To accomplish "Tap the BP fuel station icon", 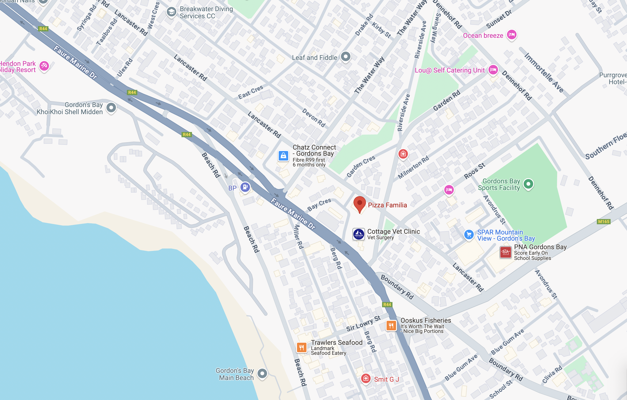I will pyautogui.click(x=245, y=187).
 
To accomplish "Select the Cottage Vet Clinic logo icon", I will pyautogui.click(x=359, y=234).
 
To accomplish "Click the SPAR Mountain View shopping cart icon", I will pyautogui.click(x=469, y=234).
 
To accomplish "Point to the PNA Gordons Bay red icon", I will pyautogui.click(x=505, y=252).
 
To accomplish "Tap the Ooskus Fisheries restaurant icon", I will pyautogui.click(x=391, y=325).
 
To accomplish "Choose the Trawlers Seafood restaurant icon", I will pyautogui.click(x=302, y=347).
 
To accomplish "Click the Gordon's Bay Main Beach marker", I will pyautogui.click(x=262, y=373).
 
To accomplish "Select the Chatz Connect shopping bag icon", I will pyautogui.click(x=283, y=156).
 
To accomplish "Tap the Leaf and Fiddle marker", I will pyautogui.click(x=346, y=56).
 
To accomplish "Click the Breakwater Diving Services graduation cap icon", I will pyautogui.click(x=171, y=12).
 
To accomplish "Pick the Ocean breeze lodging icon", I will pyautogui.click(x=511, y=34).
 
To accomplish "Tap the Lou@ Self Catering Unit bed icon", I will pyautogui.click(x=493, y=70).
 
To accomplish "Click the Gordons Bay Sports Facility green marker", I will pyautogui.click(x=528, y=184).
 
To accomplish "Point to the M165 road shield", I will pyautogui.click(x=603, y=221).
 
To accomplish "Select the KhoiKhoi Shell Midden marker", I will pyautogui.click(x=111, y=107).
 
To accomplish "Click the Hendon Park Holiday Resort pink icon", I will pyautogui.click(x=44, y=66).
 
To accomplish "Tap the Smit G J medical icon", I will pyautogui.click(x=366, y=378).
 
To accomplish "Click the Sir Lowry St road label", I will pyautogui.click(x=363, y=323).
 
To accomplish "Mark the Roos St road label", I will pyautogui.click(x=474, y=171).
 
